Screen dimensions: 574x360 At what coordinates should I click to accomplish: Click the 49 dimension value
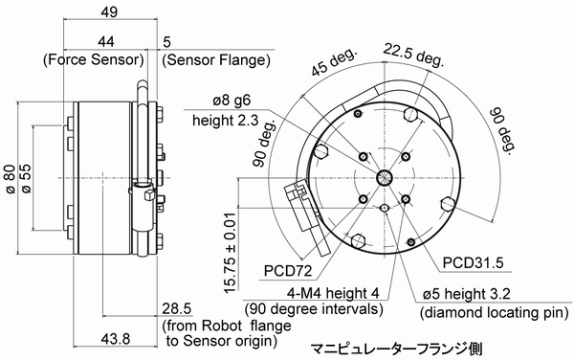(109, 11)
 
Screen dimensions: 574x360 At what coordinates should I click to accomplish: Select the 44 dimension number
(106, 41)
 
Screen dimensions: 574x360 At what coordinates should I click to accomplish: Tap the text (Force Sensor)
(94, 59)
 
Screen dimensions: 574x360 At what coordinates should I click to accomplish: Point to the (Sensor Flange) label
(216, 59)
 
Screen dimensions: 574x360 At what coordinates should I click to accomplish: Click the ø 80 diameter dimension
(10, 178)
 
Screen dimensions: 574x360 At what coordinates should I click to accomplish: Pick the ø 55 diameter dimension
(27, 178)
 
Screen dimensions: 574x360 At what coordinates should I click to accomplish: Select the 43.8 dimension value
(116, 339)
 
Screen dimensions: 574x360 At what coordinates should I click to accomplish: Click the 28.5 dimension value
(177, 309)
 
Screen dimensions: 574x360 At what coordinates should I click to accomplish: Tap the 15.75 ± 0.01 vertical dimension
(230, 253)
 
